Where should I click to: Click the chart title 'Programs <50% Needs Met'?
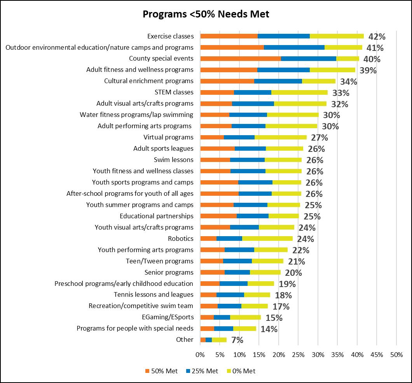point(206,14)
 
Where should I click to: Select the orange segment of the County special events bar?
point(240,59)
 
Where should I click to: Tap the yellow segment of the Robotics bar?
point(267,239)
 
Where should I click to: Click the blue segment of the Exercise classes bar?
point(283,36)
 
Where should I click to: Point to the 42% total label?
point(377,37)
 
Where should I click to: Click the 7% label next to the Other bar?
point(237,340)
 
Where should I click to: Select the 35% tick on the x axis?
point(337,354)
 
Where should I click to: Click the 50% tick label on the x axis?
point(396,354)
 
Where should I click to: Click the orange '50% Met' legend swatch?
point(147,371)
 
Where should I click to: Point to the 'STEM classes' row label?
point(174,92)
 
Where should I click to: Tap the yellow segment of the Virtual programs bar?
point(280,137)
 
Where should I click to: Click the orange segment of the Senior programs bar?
point(212,272)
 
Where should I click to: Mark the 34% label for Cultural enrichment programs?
point(348,82)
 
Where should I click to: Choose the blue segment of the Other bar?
point(209,340)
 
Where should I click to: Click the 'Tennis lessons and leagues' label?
point(154,294)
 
